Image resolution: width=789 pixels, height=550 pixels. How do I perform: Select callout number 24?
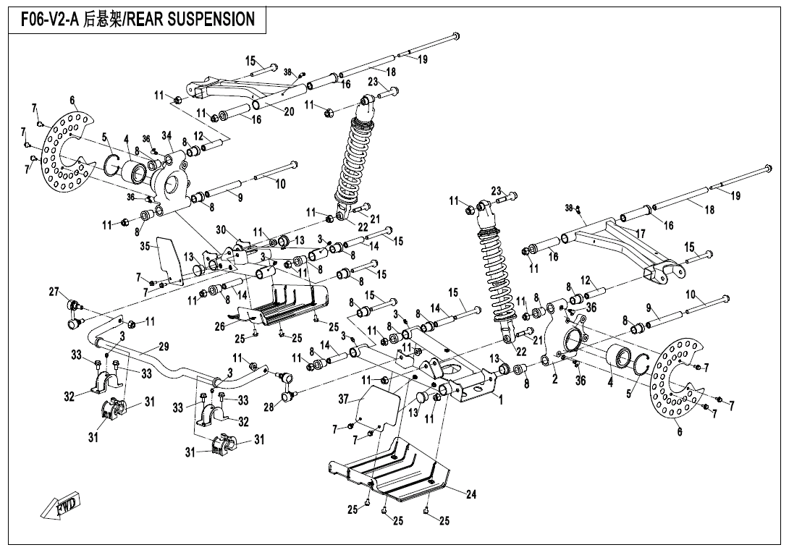point(471,495)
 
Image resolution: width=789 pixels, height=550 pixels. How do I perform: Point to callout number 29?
point(163,347)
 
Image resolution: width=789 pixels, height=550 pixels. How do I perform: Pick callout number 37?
point(345,399)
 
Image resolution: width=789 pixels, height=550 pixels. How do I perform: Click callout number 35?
point(145,246)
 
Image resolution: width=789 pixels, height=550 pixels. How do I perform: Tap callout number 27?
point(54,292)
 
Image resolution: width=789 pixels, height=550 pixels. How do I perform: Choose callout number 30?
point(221,229)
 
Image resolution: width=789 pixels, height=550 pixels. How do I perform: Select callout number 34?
point(167,135)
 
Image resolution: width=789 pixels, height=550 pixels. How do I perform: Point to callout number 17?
point(640,234)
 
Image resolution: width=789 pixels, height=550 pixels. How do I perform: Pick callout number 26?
point(219,326)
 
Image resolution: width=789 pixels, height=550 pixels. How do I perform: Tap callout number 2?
point(554,379)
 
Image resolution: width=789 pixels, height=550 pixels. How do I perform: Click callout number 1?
point(499,396)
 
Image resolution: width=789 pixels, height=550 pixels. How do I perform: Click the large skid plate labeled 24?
point(391,470)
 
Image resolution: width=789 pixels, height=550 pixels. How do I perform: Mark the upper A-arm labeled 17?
point(615,239)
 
